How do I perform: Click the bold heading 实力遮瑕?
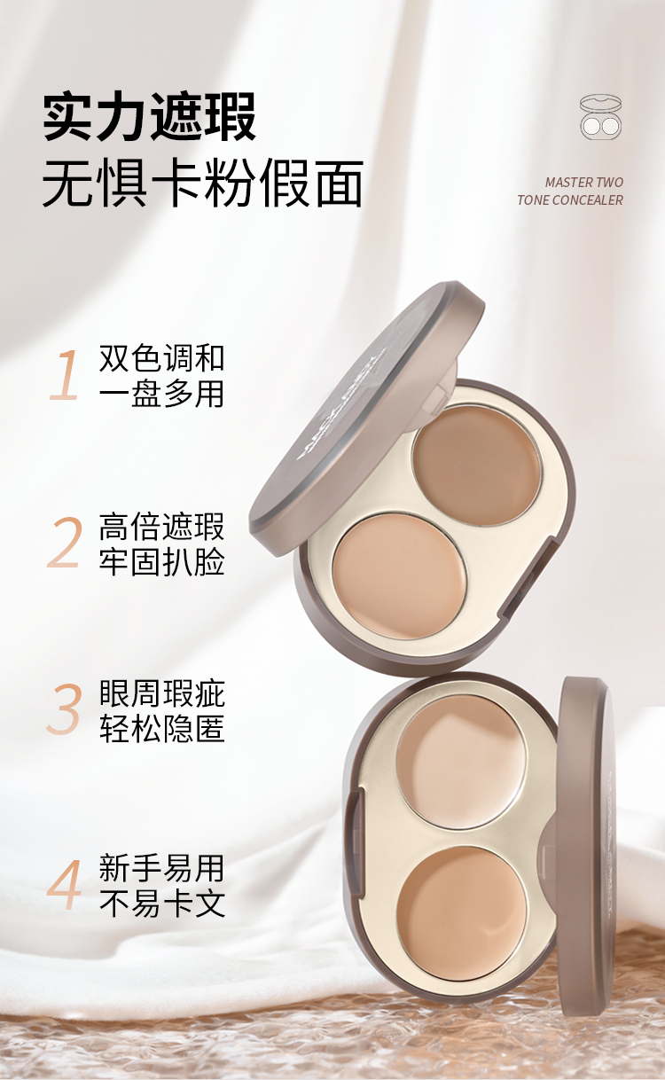tap(149, 116)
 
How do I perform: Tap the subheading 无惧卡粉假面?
tap(203, 184)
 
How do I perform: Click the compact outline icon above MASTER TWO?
tap(600, 117)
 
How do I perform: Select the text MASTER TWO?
tap(583, 182)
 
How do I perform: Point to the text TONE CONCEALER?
tap(569, 200)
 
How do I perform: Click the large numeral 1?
tap(64, 376)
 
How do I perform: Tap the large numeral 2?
tap(65, 544)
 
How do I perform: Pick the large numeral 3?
tap(65, 709)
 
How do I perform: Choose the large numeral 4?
tap(64, 885)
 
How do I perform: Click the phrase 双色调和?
tap(161, 358)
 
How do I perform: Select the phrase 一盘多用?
tap(161, 394)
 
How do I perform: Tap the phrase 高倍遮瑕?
tap(161, 527)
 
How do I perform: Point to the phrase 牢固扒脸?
tap(161, 562)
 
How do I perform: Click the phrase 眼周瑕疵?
tap(161, 693)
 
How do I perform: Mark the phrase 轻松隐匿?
tap(161, 729)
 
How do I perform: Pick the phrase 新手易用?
tap(161, 867)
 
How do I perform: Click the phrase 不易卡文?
tap(161, 904)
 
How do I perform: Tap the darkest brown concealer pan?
tap(477, 463)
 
